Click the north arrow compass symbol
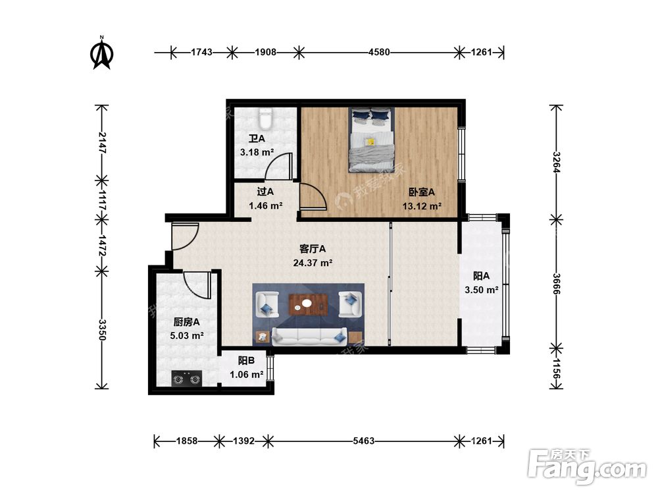point(101,53)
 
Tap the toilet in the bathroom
point(265,119)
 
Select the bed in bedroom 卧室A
point(371,140)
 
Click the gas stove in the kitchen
point(187,379)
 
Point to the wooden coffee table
point(308,304)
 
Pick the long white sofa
point(309,337)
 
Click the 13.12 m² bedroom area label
point(422,206)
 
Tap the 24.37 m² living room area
point(313,263)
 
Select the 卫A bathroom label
point(257,138)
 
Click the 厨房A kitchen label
point(186,322)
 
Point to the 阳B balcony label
point(246,360)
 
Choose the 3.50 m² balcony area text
point(482,290)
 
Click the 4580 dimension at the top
point(379,53)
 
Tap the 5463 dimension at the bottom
point(363,441)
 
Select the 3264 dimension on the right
point(557,162)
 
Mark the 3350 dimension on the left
point(102,330)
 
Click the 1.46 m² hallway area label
point(265,206)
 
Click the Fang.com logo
point(587,466)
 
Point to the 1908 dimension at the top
point(266,53)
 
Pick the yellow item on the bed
point(370,142)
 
